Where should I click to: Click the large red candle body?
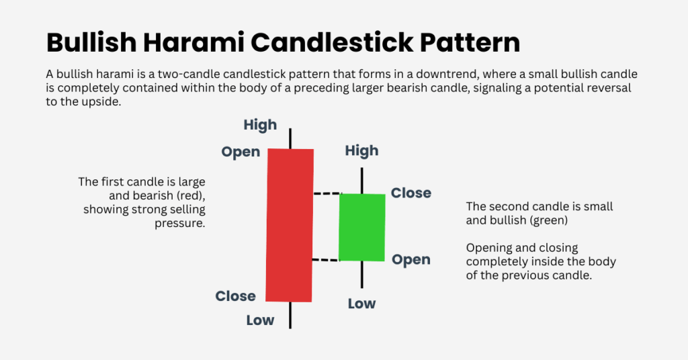pos(290,225)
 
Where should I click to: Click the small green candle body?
pos(362,227)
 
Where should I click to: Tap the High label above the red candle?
pos(260,125)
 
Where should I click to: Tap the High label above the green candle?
pos(361,151)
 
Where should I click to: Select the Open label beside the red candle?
pos(241,152)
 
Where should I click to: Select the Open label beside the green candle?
pos(411,260)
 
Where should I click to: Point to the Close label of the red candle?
pos(235,296)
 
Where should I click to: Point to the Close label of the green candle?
pos(411,193)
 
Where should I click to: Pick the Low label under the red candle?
pos(260,320)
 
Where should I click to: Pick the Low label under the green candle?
pos(361,304)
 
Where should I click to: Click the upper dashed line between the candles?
pos(326,194)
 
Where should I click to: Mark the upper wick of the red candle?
pos(290,137)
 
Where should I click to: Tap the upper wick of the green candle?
pos(362,180)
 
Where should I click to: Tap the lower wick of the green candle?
pos(362,273)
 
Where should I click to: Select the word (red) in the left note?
pos(190,195)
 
